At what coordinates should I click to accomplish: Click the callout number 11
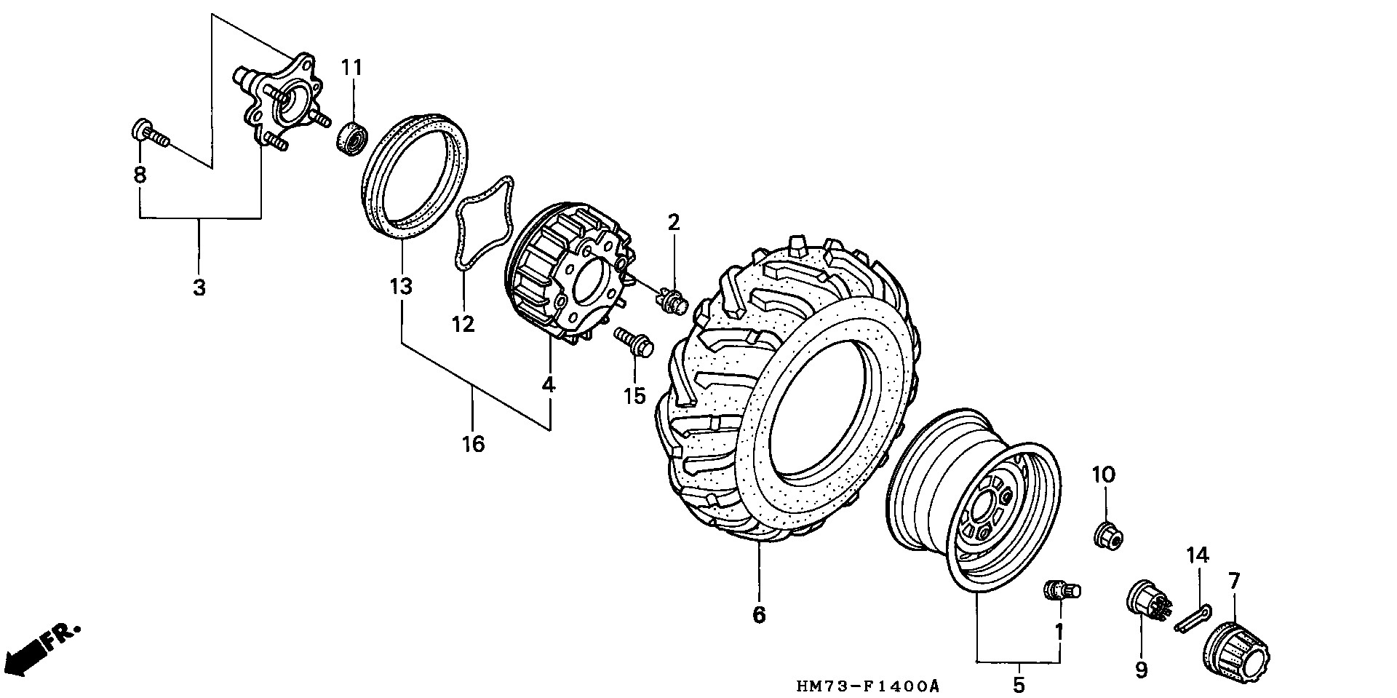[x=351, y=68]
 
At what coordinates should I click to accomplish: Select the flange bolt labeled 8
[x=149, y=135]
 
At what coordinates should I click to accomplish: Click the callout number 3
[x=199, y=287]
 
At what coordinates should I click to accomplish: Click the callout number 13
[x=400, y=286]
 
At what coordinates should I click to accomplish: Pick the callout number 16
[x=473, y=443]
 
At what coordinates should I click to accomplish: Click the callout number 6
[x=759, y=614]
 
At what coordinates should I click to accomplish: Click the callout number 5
[x=1019, y=684]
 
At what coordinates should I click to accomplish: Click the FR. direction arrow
[x=40, y=649]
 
